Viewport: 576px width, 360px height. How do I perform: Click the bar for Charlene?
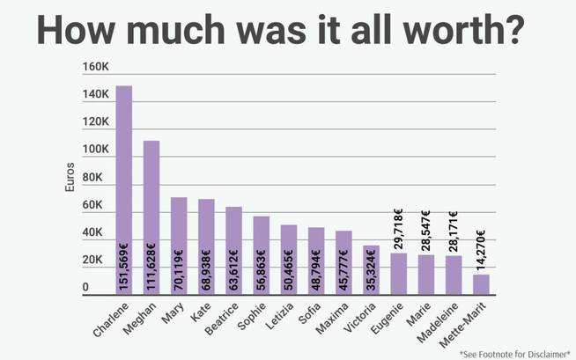pyautogui.click(x=124, y=189)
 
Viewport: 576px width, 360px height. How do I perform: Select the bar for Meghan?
pyautogui.click(x=151, y=217)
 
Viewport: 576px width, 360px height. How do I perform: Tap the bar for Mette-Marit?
pyautogui.click(x=480, y=284)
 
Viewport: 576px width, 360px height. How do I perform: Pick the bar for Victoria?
pyautogui.click(x=371, y=269)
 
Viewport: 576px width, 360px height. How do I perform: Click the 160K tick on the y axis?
pyautogui.click(x=95, y=67)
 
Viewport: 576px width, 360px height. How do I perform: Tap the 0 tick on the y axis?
pyautogui.click(x=85, y=289)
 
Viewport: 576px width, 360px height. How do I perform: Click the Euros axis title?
pyautogui.click(x=70, y=177)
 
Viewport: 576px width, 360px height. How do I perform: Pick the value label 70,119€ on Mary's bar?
pyautogui.click(x=179, y=268)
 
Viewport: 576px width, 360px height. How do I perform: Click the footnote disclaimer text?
pyautogui.click(x=514, y=353)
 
